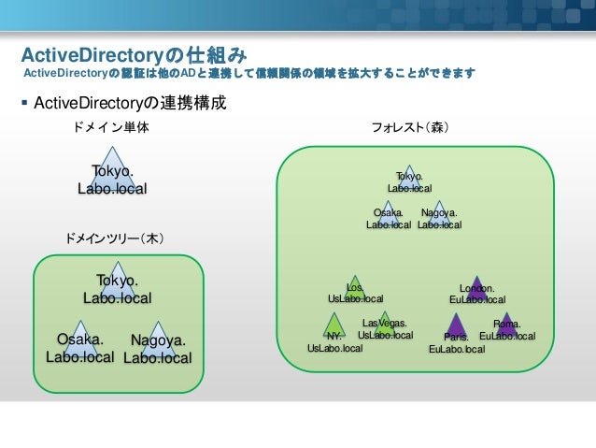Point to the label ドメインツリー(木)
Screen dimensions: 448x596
(x=114, y=240)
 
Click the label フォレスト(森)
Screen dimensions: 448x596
(x=410, y=126)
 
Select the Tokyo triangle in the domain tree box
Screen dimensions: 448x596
(x=118, y=284)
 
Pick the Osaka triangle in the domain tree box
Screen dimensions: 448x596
(x=80, y=342)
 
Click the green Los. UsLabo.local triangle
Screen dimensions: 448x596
(x=355, y=289)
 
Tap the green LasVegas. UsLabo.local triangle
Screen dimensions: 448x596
(x=384, y=325)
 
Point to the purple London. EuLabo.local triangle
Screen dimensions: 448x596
(x=477, y=289)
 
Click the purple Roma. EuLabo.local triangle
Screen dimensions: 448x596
(x=506, y=325)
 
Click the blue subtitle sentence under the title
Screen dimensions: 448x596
(x=248, y=73)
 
